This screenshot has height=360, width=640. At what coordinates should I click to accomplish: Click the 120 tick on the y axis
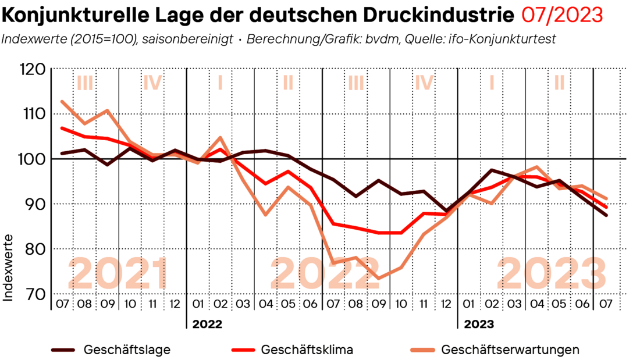(x=32, y=69)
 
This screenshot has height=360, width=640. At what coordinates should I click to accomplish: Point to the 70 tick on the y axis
(x=32, y=294)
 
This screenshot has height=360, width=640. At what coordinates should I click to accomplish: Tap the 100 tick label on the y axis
(x=32, y=159)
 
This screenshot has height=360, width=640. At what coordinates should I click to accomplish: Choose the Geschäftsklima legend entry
(x=307, y=350)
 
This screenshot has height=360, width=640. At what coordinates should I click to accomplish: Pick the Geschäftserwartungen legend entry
(x=510, y=350)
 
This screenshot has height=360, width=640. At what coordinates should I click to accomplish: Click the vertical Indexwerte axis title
(x=9, y=268)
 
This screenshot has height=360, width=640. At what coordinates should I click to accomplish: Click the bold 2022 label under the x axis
(x=207, y=323)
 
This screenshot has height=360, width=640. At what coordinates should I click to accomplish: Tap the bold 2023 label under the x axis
(x=479, y=323)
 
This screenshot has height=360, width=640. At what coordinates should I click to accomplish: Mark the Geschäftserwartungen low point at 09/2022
(x=378, y=278)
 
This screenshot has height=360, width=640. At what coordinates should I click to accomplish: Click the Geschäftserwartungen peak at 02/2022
(x=220, y=138)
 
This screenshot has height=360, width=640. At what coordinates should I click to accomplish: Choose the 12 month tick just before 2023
(x=446, y=304)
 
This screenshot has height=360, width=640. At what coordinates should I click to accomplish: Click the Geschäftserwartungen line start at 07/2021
(x=62, y=101)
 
